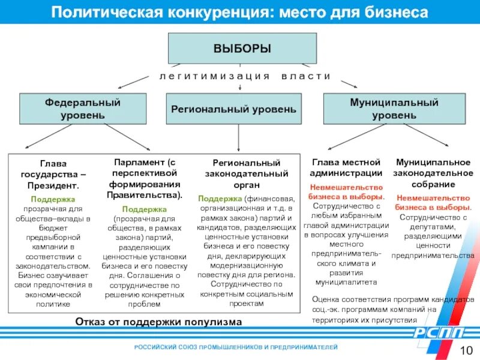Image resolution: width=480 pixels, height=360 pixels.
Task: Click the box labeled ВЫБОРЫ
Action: pos(242,48)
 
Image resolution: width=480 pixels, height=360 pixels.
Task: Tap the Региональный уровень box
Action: pos(233,109)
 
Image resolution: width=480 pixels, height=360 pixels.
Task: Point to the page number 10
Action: pos(466,351)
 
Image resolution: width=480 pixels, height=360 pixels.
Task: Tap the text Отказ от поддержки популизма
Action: pos(158,322)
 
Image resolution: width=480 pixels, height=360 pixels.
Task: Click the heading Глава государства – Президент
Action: pos(53,174)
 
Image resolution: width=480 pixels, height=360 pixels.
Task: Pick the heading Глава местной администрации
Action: pos(346,167)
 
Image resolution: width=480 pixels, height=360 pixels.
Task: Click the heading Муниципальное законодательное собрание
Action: pos(433,173)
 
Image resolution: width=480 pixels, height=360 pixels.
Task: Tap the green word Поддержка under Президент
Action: pos(53,198)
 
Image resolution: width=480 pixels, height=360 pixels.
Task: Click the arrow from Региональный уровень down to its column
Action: pos(239,137)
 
